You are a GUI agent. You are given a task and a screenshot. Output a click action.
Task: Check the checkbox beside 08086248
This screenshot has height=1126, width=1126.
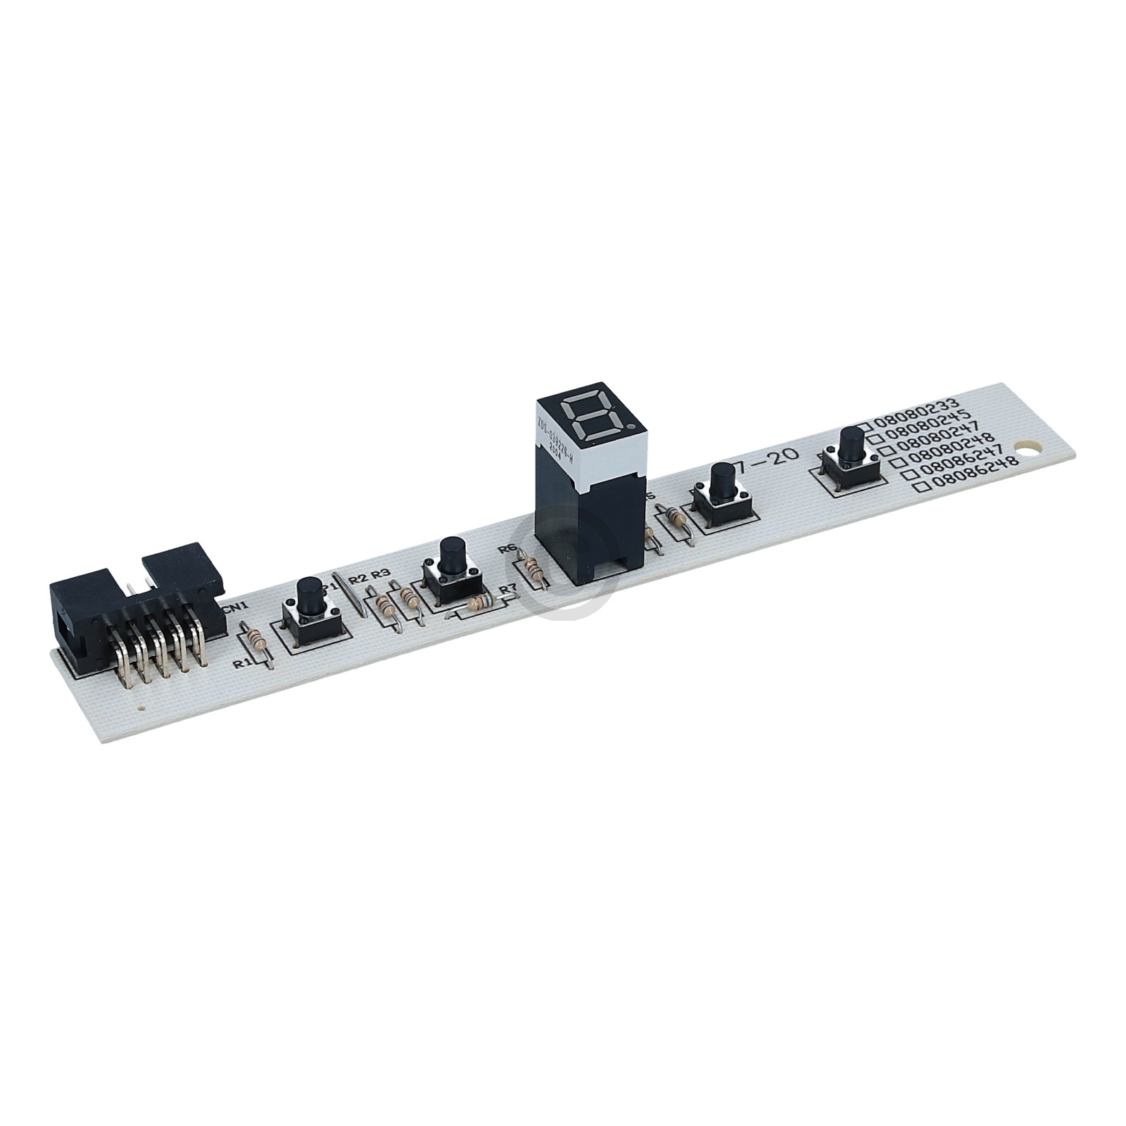(919, 488)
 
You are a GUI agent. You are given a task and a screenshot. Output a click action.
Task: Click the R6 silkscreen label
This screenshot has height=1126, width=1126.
(506, 550)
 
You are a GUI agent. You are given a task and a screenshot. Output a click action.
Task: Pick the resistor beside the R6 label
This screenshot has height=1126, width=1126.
(533, 567)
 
